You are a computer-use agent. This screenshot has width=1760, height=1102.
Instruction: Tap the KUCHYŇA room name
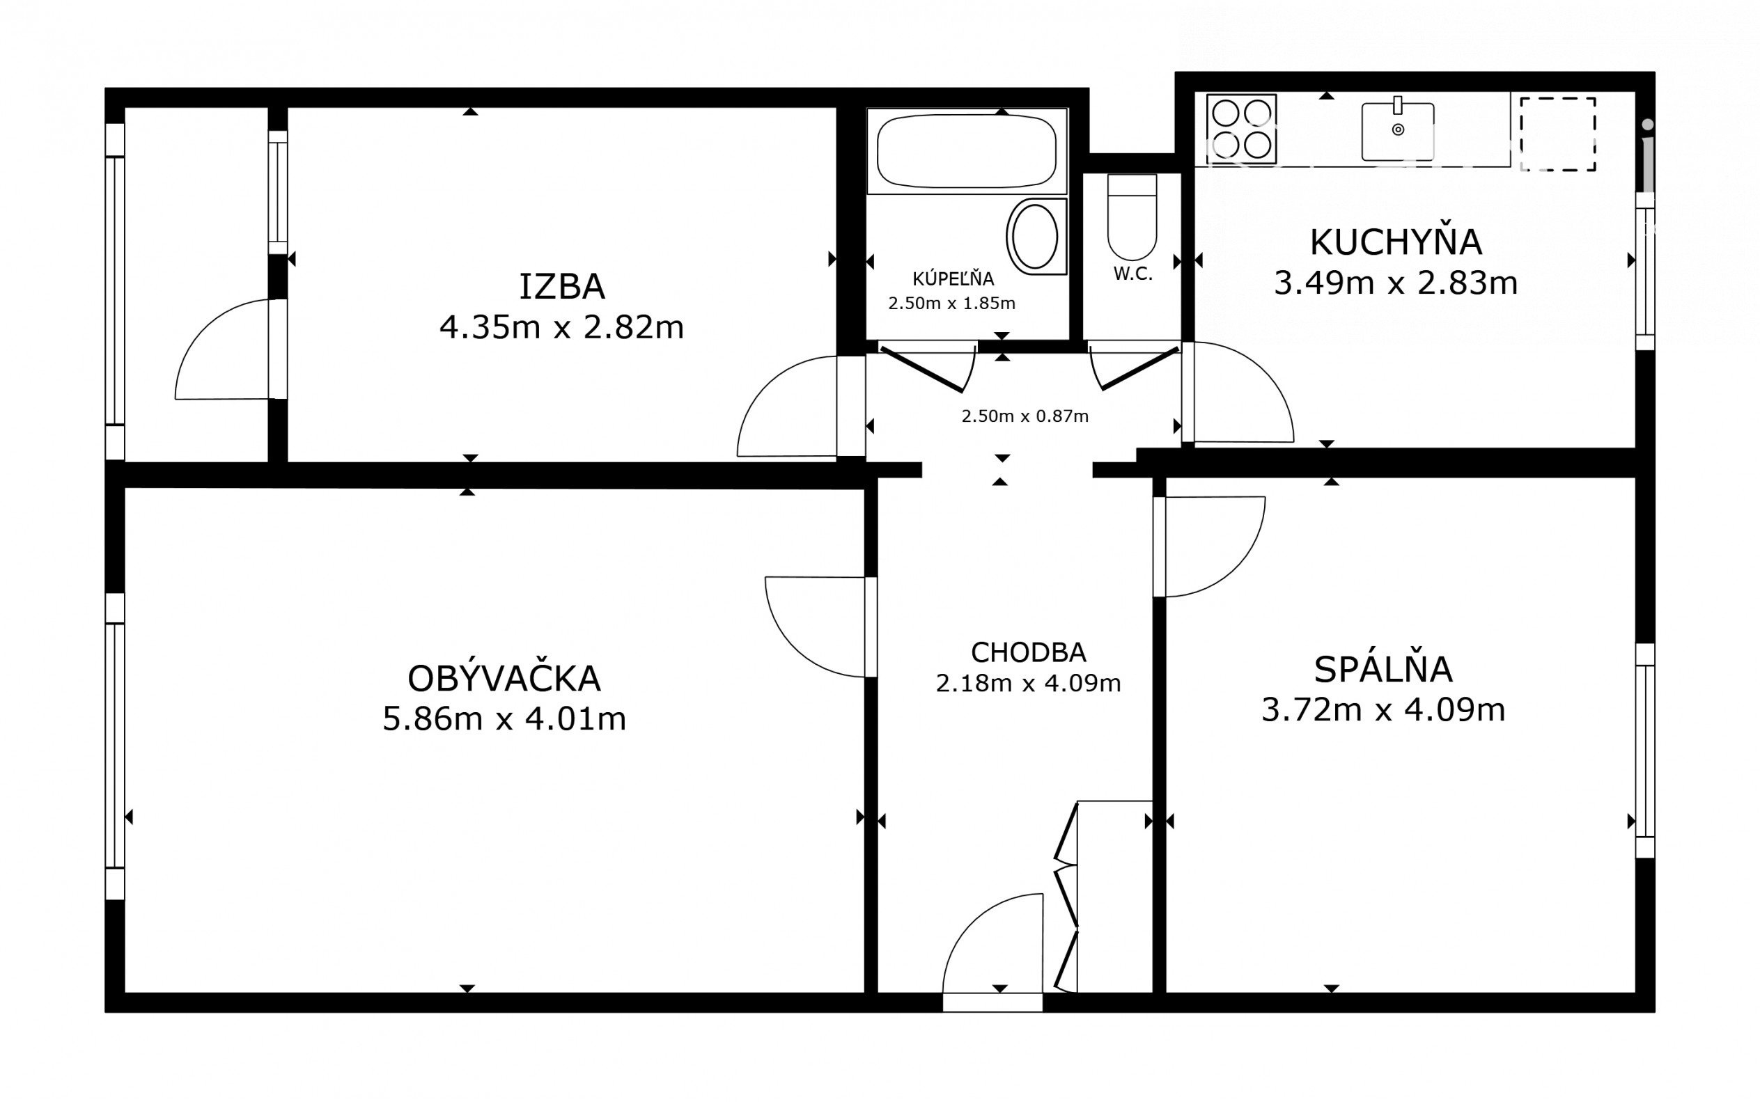[x=1396, y=242]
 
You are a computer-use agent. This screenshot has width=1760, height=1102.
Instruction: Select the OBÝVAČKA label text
[x=504, y=679]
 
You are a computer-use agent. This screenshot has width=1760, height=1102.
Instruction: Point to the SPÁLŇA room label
[x=1383, y=669]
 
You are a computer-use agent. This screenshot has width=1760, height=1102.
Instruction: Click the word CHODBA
[x=1028, y=652]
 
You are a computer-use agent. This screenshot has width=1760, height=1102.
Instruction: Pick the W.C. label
[x=1133, y=274]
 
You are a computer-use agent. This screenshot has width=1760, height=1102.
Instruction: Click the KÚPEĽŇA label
[x=953, y=278]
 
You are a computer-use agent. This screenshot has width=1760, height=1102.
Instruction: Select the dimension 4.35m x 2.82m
[x=561, y=327]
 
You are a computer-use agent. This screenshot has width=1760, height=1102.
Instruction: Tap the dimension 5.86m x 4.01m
[x=504, y=718]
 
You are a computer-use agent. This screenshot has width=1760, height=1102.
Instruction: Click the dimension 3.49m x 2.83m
[x=1396, y=283]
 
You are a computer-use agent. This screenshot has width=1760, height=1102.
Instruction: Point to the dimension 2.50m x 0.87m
[x=1025, y=416]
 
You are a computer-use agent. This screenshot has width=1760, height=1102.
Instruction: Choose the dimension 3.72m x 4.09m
[x=1383, y=709]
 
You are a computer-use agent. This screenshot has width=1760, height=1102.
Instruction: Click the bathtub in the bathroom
[x=967, y=152]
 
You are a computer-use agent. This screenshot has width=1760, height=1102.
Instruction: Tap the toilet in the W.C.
[x=1132, y=217]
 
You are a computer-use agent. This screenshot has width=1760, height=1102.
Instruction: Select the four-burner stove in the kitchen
[x=1241, y=129]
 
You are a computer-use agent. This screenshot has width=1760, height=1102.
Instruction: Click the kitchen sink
[x=1398, y=129]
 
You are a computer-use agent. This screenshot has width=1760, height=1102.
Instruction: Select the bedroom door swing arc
[x=1236, y=569]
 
